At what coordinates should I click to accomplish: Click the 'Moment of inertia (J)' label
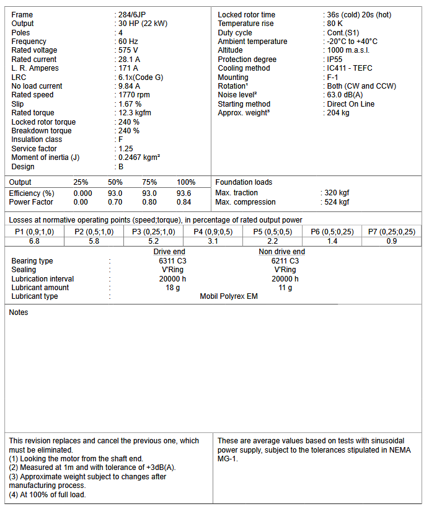point(46,157)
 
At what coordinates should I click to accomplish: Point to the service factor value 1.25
point(126,149)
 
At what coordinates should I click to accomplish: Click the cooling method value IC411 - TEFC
point(350,68)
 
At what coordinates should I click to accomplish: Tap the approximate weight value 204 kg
point(338,113)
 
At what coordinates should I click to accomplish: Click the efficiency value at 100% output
point(184,193)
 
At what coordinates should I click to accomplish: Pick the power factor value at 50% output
point(115,202)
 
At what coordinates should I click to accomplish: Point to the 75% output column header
point(149,182)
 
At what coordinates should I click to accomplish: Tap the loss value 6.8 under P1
point(34,241)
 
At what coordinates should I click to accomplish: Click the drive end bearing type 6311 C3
point(169,261)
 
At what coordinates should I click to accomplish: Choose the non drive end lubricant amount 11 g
point(285,288)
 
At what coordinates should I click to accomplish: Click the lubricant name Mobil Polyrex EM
point(228,296)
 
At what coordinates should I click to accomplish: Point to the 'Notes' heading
point(19,312)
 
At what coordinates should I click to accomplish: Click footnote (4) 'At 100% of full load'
point(47,494)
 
